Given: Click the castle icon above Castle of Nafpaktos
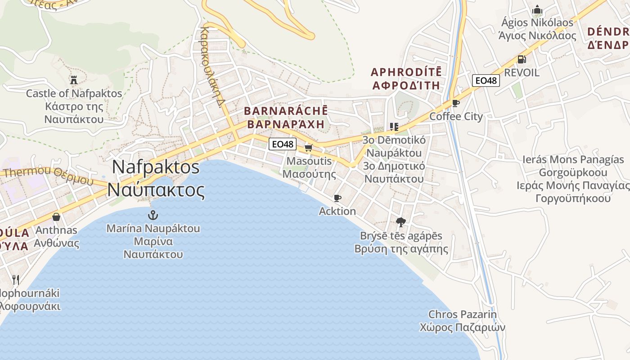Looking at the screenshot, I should [x=74, y=80].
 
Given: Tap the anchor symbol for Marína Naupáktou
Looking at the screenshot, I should [x=153, y=215].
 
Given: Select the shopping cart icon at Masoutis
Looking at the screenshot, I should [x=308, y=148].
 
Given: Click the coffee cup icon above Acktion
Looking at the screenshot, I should [x=337, y=198].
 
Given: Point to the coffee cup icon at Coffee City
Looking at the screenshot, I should [x=455, y=103].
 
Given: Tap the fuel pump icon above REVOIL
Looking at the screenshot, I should [x=522, y=59].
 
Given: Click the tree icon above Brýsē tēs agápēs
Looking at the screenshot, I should [x=400, y=222].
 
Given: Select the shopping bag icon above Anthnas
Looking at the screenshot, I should [x=56, y=217].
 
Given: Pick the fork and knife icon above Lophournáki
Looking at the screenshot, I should [x=16, y=279].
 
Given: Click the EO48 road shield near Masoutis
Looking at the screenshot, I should [x=283, y=144].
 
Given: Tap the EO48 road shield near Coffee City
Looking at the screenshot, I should [x=486, y=81].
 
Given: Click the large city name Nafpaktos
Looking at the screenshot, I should [x=156, y=167].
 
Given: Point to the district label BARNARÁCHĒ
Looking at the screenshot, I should [x=286, y=111].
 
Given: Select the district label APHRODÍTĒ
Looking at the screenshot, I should [x=406, y=72].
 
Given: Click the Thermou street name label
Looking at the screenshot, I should [x=27, y=172].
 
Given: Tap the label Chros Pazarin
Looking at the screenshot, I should [x=462, y=314].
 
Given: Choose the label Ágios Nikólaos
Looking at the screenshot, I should [x=537, y=22].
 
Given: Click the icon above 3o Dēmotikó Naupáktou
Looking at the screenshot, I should [x=394, y=127].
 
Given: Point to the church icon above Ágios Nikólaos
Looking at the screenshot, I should [x=537, y=9].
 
